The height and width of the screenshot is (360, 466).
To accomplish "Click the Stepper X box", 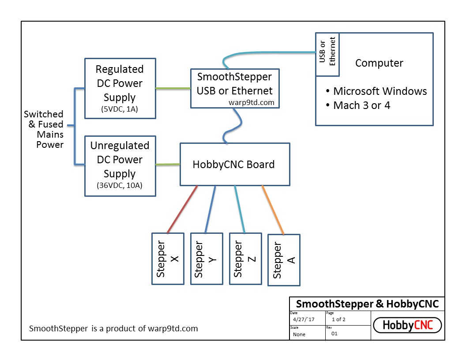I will (168, 259).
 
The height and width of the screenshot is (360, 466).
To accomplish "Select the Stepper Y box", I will (207, 259).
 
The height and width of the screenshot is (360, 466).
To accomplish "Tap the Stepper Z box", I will (245, 259).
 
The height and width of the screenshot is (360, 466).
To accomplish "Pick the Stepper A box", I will (284, 260).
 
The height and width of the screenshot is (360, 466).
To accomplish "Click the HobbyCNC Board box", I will (235, 164).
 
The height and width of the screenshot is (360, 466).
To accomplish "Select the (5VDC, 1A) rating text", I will (120, 109).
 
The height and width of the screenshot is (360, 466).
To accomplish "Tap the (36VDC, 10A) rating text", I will (120, 186).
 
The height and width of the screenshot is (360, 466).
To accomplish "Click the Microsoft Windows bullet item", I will (376, 91).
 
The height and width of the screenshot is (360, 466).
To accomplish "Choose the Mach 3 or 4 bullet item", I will (358, 105).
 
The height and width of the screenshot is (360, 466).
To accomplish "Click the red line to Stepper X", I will (182, 210).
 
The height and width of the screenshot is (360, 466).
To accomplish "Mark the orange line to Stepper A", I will (273, 210).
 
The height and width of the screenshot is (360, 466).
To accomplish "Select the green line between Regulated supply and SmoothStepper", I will (173, 88).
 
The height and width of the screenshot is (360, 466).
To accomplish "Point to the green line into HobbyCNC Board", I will (168, 165).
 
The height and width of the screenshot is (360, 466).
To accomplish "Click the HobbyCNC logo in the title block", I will (407, 326).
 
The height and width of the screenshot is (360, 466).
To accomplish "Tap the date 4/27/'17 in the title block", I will (304, 319).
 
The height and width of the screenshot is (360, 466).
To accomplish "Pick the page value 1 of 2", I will (338, 319).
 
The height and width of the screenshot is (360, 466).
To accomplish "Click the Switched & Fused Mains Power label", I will (44, 129).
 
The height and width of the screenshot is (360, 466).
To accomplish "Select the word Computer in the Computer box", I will (379, 63).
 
